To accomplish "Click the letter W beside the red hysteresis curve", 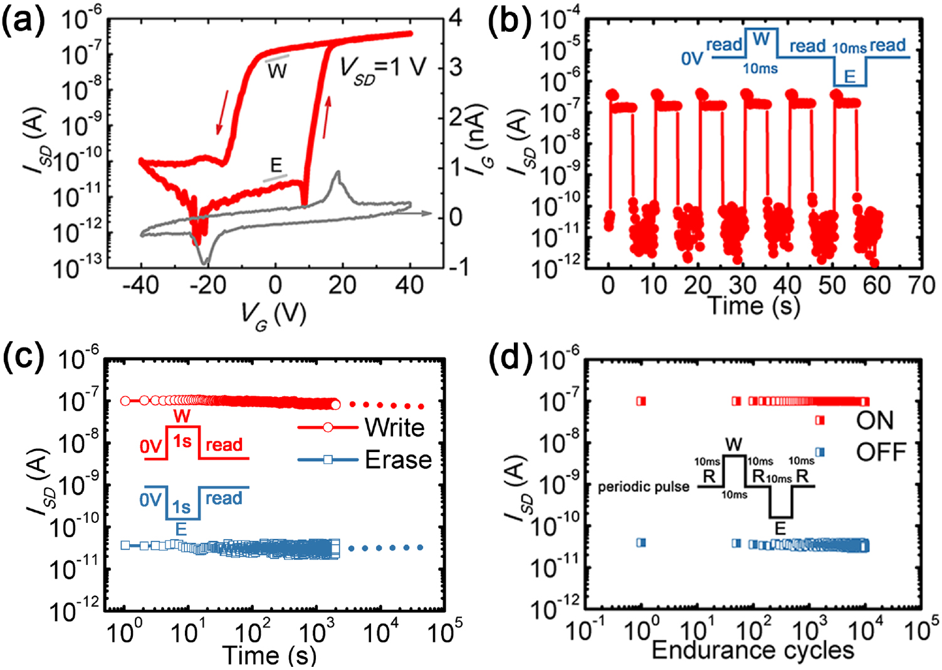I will point(277,71).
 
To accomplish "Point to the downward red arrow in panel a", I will point(222,112).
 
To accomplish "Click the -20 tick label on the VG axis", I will point(208,286).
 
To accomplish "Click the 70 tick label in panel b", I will point(921,286).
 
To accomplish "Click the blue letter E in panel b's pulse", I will point(849,77).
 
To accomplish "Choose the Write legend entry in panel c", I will point(394,428).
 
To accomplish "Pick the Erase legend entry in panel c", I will point(398,460).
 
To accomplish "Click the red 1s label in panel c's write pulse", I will point(182,442).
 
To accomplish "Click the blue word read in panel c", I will point(224,498).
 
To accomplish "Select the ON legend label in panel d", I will point(874,421).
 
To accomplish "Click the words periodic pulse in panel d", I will point(643,487).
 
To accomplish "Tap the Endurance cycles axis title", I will point(753,651).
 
